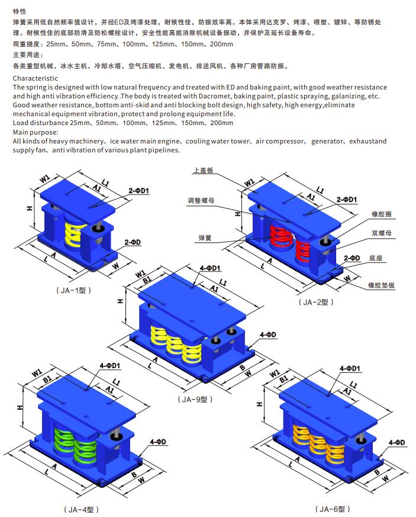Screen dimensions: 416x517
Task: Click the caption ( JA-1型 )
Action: click(x=73, y=290)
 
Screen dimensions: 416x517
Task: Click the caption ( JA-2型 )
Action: click(x=316, y=302)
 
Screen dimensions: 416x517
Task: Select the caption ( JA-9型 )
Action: click(x=195, y=399)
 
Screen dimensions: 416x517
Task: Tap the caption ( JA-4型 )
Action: click(x=81, y=509)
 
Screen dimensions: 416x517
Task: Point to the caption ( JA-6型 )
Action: click(x=333, y=509)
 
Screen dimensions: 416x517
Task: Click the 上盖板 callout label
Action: click(x=203, y=170)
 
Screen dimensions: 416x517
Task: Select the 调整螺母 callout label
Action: click(x=201, y=200)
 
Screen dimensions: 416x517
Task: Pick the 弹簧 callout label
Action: click(x=205, y=238)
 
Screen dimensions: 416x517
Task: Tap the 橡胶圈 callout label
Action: click(x=382, y=214)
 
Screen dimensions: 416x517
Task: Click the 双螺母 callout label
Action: click(x=382, y=233)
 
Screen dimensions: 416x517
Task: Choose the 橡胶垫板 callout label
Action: click(x=381, y=285)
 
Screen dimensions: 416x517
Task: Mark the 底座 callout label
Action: click(x=376, y=258)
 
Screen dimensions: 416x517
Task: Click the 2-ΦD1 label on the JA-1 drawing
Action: click(x=138, y=190)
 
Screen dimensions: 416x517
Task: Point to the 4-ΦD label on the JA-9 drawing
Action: click(x=268, y=334)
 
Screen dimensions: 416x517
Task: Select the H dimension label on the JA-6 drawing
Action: click(x=259, y=404)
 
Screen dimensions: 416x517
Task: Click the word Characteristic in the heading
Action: click(x=36, y=78)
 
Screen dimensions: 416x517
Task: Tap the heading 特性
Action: click(x=20, y=11)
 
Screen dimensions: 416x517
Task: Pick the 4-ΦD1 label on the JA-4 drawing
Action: click(x=110, y=366)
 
